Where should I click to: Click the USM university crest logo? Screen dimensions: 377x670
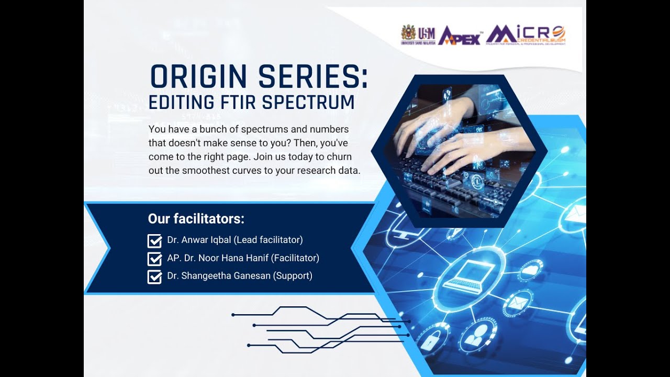(x=408, y=33)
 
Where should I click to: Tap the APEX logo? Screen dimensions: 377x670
(x=460, y=36)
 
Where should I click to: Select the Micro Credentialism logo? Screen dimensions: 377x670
(x=526, y=35)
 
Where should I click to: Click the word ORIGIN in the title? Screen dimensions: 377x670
(x=198, y=77)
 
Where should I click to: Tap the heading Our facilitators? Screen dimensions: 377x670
(x=196, y=218)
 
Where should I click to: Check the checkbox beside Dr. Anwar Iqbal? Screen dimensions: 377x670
(x=154, y=241)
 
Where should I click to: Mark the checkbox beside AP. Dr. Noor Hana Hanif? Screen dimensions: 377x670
(x=154, y=259)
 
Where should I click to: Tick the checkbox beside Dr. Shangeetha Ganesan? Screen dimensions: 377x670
(x=154, y=276)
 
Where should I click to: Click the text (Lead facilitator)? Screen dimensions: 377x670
(x=268, y=240)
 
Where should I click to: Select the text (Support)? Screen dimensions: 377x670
(x=293, y=276)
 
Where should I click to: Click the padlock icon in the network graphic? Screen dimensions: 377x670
(x=430, y=342)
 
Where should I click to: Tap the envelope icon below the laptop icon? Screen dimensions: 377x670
(x=517, y=303)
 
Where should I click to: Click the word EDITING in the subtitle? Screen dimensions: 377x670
(x=177, y=103)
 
